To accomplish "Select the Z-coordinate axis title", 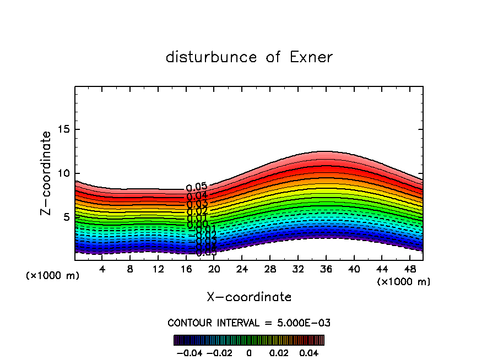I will click(x=47, y=173).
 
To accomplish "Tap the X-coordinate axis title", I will click(x=249, y=297).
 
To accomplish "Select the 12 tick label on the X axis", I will click(x=158, y=269).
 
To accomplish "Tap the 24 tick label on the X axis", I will click(x=242, y=269).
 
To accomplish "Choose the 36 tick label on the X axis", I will click(x=326, y=269).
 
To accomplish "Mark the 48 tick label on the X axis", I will click(x=409, y=269).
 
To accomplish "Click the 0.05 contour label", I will click(x=197, y=187).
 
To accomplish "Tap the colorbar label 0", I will click(x=249, y=352).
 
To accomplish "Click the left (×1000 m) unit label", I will click(x=53, y=276).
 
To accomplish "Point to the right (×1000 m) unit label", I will click(x=404, y=282).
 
